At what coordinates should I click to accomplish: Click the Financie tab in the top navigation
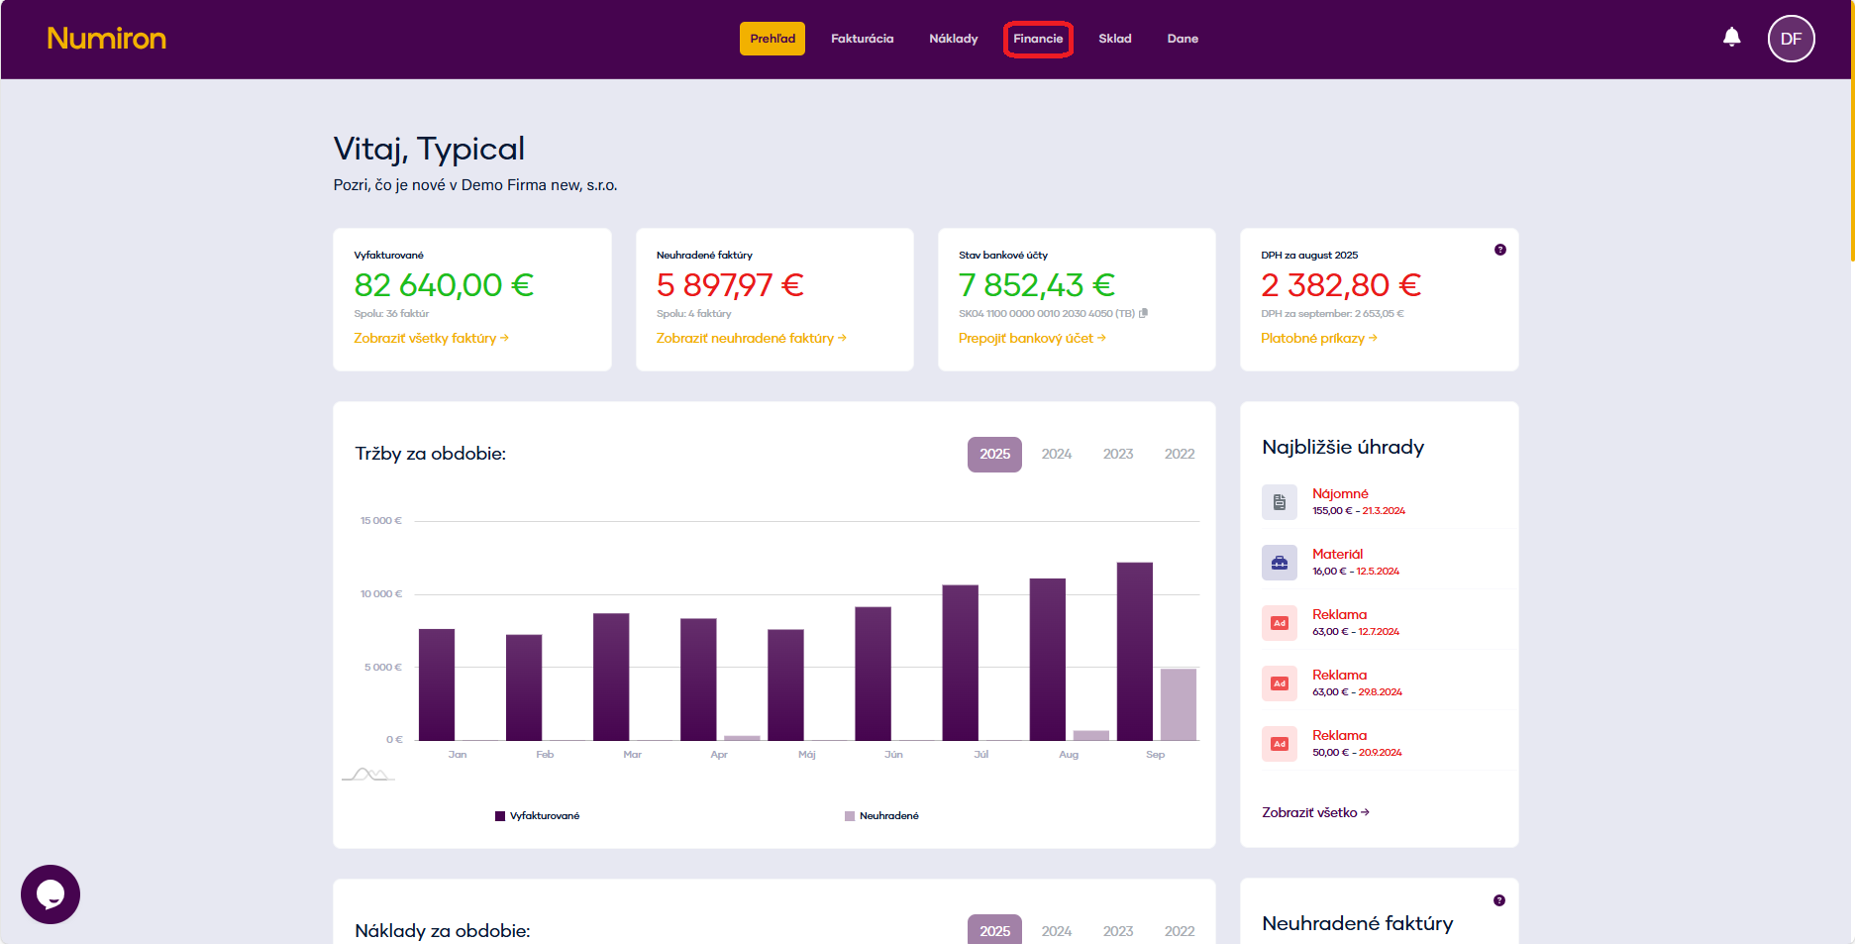click(1038, 39)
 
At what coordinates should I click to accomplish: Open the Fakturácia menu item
click(862, 39)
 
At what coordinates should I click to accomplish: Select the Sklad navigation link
click(1114, 39)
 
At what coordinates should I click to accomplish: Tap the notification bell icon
click(1731, 38)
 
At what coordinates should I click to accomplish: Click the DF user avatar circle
click(1791, 39)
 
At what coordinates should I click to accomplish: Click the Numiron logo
click(106, 39)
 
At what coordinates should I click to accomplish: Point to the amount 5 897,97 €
click(730, 285)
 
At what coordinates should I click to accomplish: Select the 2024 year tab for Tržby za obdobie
click(1056, 454)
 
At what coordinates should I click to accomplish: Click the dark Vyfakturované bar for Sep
click(1134, 651)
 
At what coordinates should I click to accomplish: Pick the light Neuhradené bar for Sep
click(1178, 704)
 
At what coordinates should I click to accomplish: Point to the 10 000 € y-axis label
click(381, 594)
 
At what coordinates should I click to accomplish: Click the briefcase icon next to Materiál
click(1280, 563)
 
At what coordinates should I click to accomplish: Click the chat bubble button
click(51, 894)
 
